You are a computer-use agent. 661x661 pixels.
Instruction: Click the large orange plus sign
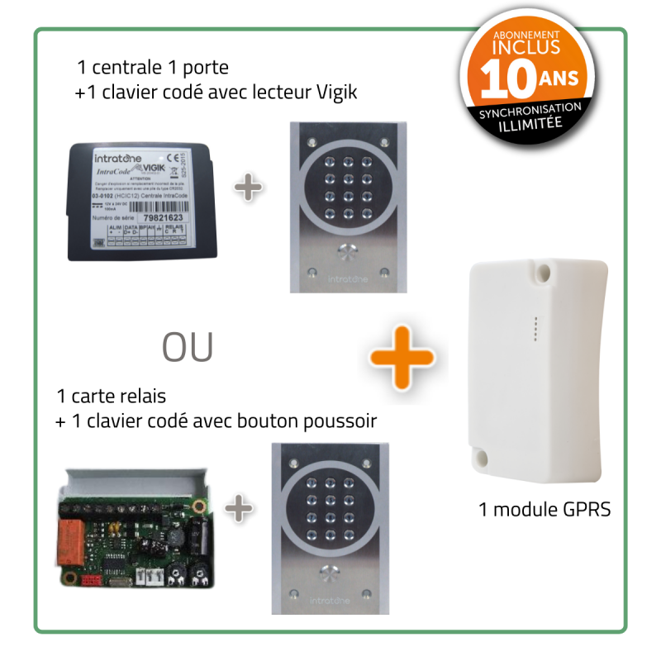tap(402, 354)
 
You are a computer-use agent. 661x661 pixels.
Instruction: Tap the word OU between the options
tap(188, 348)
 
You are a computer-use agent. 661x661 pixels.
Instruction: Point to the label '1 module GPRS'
tap(544, 509)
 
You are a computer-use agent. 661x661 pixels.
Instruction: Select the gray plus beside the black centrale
tap(249, 188)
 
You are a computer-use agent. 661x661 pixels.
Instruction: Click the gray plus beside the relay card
tap(240, 507)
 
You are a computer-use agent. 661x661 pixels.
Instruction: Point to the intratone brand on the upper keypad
tap(347, 279)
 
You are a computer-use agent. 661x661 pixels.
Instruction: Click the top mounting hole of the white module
tap(544, 269)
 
